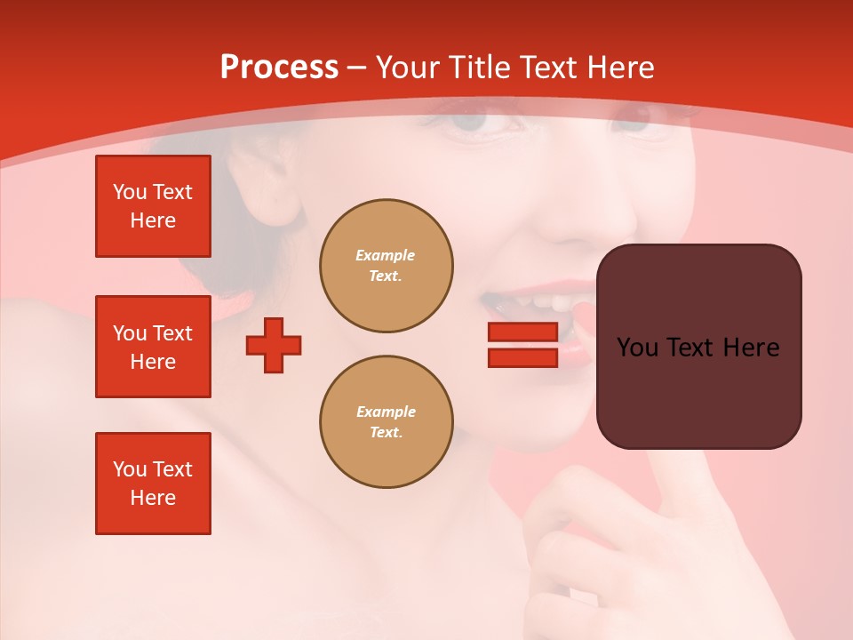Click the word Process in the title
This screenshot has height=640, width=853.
(x=279, y=68)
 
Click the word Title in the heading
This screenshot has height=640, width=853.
(x=476, y=68)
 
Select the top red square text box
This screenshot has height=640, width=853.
(x=153, y=206)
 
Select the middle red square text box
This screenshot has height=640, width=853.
(x=153, y=347)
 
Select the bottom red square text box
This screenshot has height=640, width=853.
(x=153, y=484)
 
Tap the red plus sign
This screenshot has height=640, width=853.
(x=274, y=345)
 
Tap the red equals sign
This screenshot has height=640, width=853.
(x=522, y=345)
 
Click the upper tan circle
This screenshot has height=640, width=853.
(x=387, y=266)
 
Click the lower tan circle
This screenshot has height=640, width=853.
(x=387, y=422)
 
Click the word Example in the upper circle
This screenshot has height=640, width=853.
(x=385, y=255)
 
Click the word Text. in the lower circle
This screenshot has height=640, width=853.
(x=386, y=433)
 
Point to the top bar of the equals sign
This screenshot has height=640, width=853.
(x=522, y=332)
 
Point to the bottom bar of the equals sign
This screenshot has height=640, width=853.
(x=522, y=357)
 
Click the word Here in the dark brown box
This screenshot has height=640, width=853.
(x=751, y=348)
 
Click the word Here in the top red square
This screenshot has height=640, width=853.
(x=153, y=220)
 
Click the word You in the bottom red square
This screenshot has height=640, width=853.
(x=130, y=469)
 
